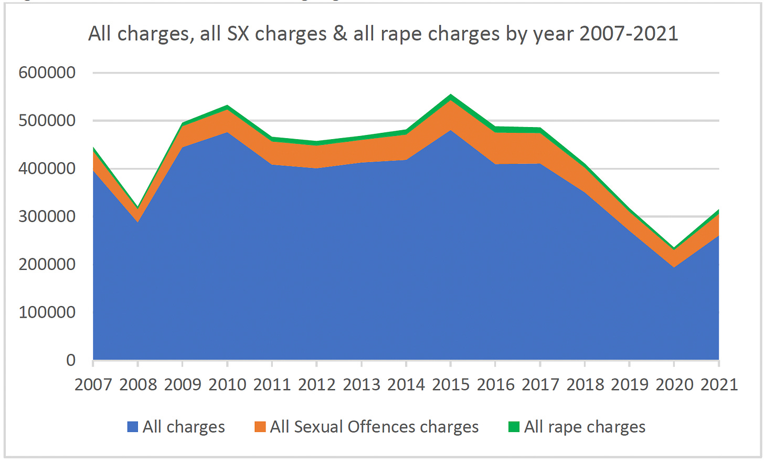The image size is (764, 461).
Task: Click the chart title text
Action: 383,34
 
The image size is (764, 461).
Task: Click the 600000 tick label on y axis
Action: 47,72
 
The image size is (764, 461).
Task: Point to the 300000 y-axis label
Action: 47,216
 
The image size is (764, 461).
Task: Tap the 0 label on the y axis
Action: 70,360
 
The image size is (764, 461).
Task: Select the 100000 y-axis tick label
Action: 47,312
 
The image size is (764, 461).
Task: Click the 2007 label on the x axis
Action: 93,384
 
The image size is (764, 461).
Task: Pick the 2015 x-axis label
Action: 451,384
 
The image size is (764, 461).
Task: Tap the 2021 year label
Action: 719,384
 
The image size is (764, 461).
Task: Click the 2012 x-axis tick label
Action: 316,384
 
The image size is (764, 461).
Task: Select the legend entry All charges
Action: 184,427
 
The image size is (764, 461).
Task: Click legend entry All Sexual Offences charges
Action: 374,427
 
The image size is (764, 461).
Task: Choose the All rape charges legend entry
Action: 585,427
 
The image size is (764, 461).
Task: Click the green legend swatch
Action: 514,427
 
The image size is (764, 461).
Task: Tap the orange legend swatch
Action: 260,427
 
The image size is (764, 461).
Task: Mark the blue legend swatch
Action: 133,427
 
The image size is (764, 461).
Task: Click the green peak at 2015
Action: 451,97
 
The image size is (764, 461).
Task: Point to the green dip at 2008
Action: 138,208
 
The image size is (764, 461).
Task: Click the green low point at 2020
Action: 674,249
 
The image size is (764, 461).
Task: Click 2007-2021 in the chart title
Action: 629,34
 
